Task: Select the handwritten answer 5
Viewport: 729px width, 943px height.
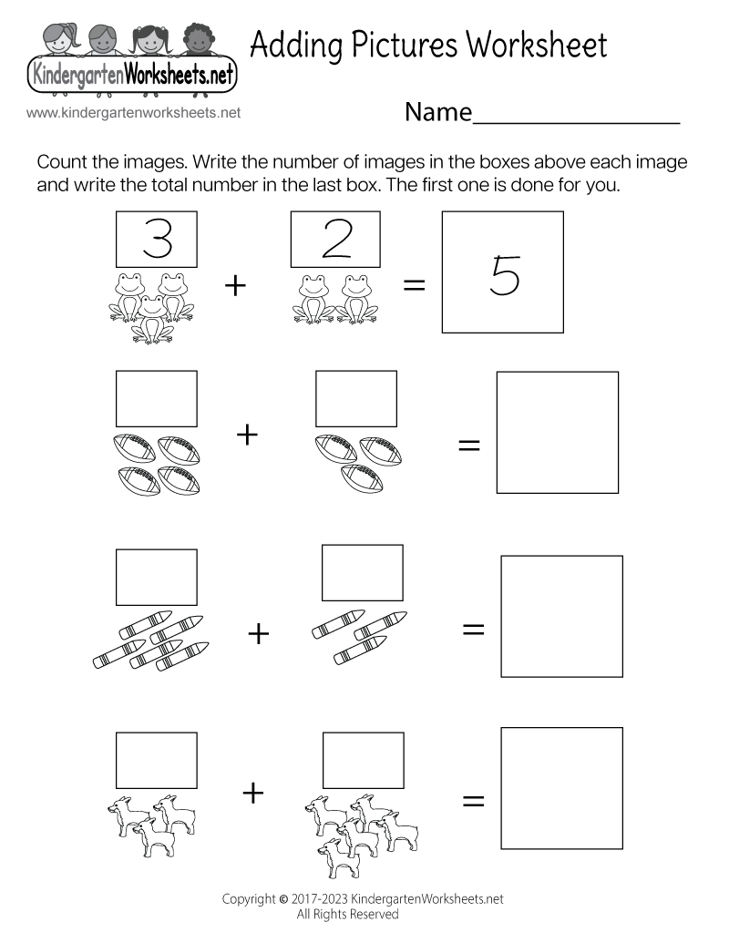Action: coord(504,274)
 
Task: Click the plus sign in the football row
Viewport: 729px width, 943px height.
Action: coord(247,435)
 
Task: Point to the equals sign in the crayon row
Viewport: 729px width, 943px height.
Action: coord(473,630)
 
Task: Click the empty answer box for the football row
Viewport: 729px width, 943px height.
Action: coord(557,432)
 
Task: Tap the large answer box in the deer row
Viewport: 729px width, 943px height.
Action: coord(561,787)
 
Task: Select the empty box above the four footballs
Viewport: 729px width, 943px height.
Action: coord(157,398)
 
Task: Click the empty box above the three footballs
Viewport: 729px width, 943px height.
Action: coord(355,398)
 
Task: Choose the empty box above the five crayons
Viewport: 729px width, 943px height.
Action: coord(157,577)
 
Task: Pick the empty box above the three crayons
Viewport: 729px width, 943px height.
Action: coord(362,572)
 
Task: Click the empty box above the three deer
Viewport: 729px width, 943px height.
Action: coord(157,760)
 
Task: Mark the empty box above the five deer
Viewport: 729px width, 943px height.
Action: coord(363,760)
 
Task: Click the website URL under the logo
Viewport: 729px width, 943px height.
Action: coord(133,113)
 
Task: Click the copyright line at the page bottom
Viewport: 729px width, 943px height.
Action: coord(363,898)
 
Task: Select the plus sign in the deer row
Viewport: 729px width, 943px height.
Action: coord(252,794)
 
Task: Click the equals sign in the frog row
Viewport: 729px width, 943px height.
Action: coord(415,285)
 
